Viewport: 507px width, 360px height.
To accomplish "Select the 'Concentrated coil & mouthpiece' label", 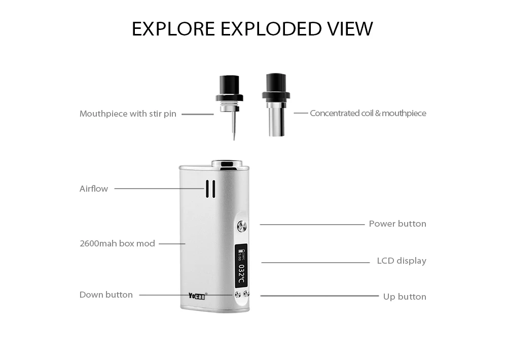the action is pos(368,113).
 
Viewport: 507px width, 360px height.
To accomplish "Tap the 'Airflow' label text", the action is pos(94,189).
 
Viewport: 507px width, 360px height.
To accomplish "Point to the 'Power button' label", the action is pos(397,224).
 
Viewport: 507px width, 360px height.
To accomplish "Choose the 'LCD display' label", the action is pos(402,261).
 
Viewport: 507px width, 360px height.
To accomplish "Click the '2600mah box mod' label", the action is pos(117,243).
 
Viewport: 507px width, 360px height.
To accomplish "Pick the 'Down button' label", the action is pos(106,295).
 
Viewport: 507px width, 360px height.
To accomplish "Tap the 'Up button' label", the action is pos(405,297).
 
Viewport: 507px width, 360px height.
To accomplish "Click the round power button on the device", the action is pos(242,227).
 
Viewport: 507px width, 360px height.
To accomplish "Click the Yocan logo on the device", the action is pos(197,296).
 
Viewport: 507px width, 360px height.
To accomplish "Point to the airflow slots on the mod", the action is pos(210,189).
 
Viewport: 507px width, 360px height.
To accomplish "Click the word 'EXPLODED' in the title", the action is pos(269,29).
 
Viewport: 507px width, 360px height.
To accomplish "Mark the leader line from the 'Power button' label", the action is pos(312,224).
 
